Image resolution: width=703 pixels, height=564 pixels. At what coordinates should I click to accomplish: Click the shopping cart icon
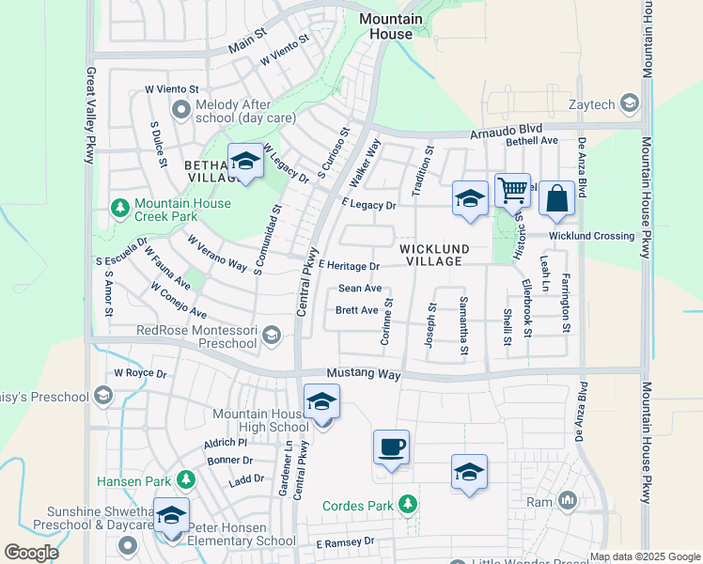click(x=513, y=191)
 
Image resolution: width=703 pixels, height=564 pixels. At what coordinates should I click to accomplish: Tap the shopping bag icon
click(x=556, y=199)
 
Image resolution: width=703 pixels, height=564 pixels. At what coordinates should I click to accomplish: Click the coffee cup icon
click(x=390, y=447)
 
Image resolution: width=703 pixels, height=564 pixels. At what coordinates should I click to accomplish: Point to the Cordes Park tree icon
click(x=408, y=506)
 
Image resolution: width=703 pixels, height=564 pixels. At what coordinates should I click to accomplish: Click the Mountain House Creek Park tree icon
click(x=120, y=206)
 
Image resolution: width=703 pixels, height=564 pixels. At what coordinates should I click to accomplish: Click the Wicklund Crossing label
click(x=592, y=235)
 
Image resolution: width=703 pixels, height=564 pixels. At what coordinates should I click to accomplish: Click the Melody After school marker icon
click(x=180, y=110)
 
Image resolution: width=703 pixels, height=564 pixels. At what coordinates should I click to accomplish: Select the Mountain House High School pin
click(x=321, y=403)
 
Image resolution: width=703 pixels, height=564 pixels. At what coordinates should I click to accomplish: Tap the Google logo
click(x=32, y=553)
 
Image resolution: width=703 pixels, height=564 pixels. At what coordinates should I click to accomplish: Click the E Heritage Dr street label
click(x=348, y=267)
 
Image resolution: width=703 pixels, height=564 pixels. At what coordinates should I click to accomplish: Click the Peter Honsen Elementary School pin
click(x=171, y=516)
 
